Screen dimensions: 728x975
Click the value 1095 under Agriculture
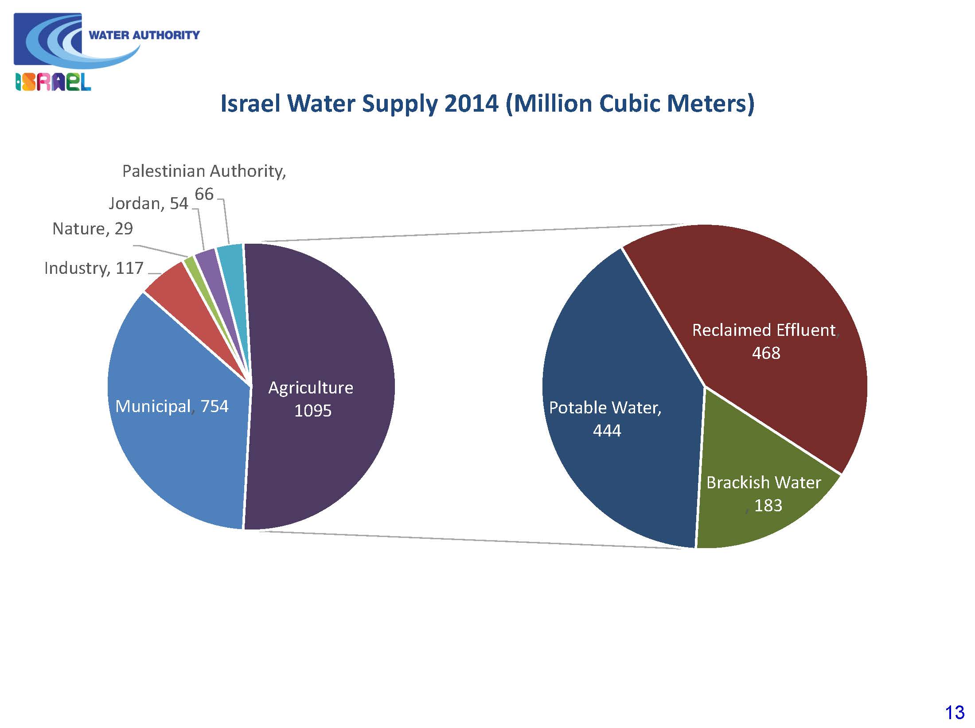click(313, 411)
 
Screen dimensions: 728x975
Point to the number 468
click(766, 353)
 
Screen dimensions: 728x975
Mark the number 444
click(607, 431)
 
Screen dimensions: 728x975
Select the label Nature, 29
click(93, 229)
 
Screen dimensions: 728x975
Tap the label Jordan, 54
click(148, 203)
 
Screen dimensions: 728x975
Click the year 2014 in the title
click(472, 103)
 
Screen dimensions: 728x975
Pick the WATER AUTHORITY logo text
click(144, 35)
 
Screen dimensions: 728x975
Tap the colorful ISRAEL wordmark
click(53, 82)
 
